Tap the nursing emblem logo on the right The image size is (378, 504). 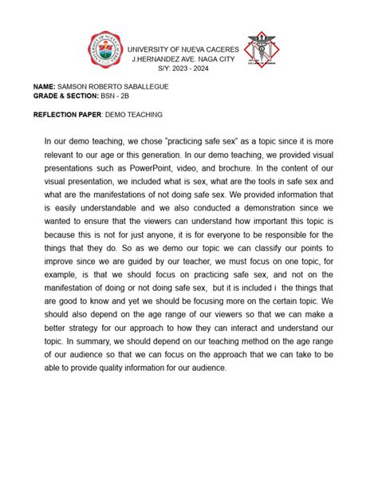click(263, 50)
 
